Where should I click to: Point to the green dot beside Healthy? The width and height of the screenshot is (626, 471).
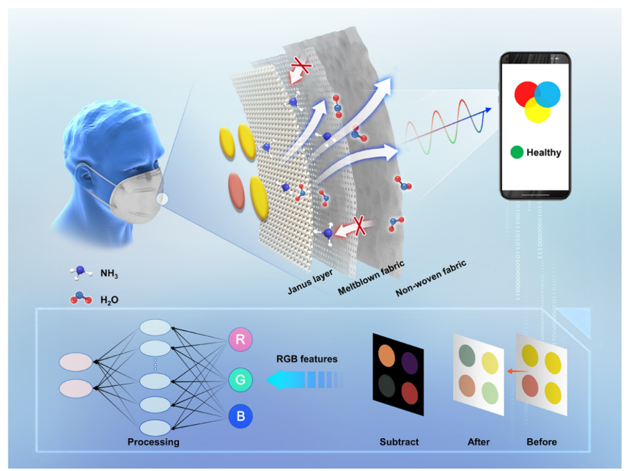(518, 153)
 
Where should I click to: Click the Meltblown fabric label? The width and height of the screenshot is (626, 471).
(370, 278)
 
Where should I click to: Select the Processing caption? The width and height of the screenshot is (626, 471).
(153, 442)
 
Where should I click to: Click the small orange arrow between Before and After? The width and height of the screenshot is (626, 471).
(507, 373)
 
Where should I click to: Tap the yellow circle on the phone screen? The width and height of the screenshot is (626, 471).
(537, 111)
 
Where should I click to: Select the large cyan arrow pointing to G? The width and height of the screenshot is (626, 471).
(301, 379)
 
